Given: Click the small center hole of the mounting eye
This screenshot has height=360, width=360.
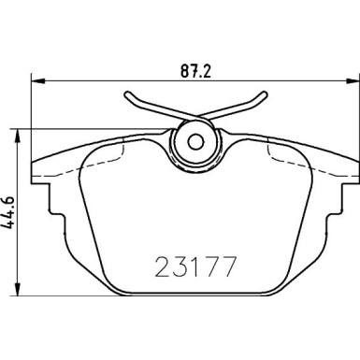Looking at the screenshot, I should (x=195, y=141).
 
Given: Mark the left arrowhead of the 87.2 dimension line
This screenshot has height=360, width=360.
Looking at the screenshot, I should (x=35, y=79).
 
